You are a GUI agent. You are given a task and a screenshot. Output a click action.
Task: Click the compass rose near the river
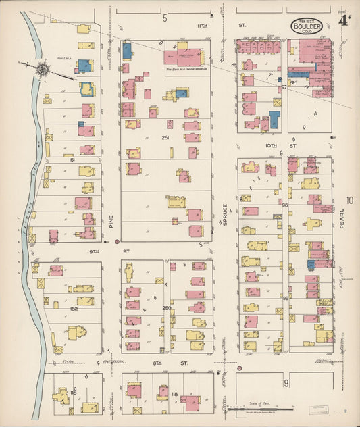[x=43, y=68]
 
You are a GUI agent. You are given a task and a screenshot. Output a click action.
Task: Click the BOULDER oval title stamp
[x=307, y=27]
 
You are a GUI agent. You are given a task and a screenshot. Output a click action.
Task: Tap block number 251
[x=164, y=137]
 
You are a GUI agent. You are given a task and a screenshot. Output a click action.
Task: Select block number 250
[x=166, y=309]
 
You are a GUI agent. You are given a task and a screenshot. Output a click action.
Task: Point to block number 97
[x=284, y=87]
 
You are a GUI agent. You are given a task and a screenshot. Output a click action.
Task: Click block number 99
[x=285, y=298]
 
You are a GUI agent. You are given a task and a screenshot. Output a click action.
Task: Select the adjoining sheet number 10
[x=349, y=200]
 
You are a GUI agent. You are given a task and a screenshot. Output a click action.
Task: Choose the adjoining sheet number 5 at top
[x=164, y=18]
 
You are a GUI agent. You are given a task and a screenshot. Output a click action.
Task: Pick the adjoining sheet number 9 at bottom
[x=286, y=383]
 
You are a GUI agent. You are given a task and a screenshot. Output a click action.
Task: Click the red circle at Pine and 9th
[x=118, y=241]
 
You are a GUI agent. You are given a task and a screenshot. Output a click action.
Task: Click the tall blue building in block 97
[x=274, y=121]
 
